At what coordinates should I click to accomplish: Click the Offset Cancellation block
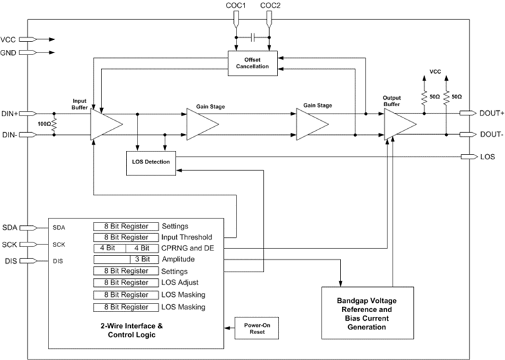click(x=254, y=62)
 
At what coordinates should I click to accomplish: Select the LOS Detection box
click(x=151, y=162)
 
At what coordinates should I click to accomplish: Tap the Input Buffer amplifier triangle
click(x=105, y=124)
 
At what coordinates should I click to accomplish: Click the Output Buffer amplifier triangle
click(x=399, y=124)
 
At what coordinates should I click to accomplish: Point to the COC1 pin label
click(x=237, y=6)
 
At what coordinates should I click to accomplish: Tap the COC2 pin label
click(x=270, y=6)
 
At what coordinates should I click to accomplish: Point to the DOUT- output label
click(x=492, y=135)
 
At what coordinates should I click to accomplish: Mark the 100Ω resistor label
click(x=43, y=124)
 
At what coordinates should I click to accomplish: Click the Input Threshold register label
click(x=187, y=237)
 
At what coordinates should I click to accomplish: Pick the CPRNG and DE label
click(x=189, y=248)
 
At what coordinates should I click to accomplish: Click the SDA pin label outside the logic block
click(x=11, y=227)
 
